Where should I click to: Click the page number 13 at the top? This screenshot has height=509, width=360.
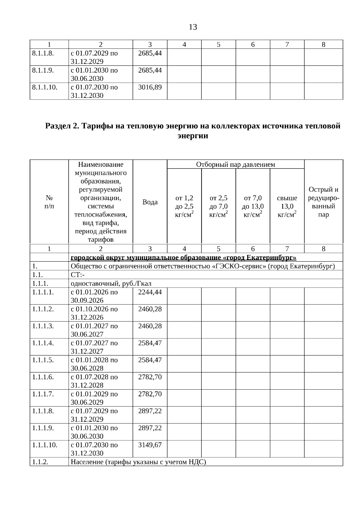pyautogui.click(x=193, y=27)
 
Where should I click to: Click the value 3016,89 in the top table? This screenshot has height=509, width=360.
pyautogui.click(x=150, y=87)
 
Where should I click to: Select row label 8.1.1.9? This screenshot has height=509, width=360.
pyautogui.click(x=43, y=70)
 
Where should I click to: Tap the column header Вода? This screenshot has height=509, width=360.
pyautogui.click(x=150, y=202)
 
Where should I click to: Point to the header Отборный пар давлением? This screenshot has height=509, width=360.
pyautogui.click(x=235, y=164)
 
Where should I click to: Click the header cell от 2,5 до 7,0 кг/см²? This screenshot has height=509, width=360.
pyautogui.click(x=218, y=206)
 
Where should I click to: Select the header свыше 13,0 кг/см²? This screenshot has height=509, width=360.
pyautogui.click(x=287, y=206)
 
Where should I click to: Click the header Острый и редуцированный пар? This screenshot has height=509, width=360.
pyautogui.click(x=323, y=202)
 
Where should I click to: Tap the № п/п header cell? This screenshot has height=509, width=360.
pyautogui.click(x=49, y=202)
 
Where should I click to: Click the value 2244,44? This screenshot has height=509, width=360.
pyautogui.click(x=150, y=292)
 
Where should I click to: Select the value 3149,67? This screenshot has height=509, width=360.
pyautogui.click(x=150, y=445)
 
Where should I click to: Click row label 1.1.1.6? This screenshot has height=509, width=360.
pyautogui.click(x=43, y=377)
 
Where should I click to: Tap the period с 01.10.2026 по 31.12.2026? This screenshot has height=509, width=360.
pyautogui.click(x=94, y=313)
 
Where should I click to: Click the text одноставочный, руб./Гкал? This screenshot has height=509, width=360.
pyautogui.click(x=111, y=283)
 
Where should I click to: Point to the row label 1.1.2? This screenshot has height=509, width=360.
pyautogui.click(x=40, y=462)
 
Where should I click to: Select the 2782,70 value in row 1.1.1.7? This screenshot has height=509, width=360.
pyautogui.click(x=150, y=394)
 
